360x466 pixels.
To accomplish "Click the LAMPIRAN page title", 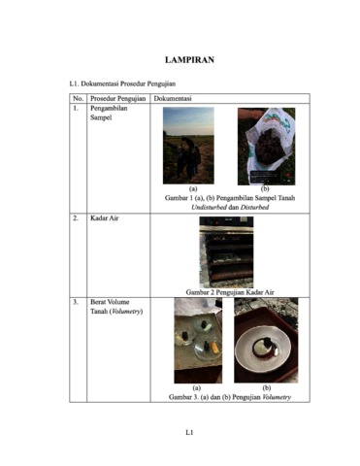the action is (x=189, y=60).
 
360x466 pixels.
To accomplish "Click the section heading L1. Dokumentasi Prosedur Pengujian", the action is (x=122, y=83).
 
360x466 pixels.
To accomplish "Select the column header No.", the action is (x=78, y=98).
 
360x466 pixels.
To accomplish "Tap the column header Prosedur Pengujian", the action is (x=118, y=98).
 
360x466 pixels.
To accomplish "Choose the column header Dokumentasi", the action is (x=173, y=98).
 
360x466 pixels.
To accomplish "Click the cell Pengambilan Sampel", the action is (x=109, y=113).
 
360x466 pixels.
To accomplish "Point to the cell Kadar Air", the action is (x=104, y=218).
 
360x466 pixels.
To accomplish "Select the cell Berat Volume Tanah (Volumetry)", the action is (x=116, y=307).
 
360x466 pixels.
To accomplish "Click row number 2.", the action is (x=75, y=218).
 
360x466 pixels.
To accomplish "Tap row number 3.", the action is (x=75, y=302).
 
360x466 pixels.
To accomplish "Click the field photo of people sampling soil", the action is (x=188, y=146).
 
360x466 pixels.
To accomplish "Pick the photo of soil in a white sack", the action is (x=266, y=147).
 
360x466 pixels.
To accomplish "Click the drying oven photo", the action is (x=226, y=252).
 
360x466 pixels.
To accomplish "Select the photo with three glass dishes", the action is (x=198, y=341).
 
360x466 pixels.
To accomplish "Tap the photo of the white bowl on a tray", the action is (x=266, y=340).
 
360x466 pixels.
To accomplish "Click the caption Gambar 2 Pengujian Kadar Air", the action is (x=230, y=292).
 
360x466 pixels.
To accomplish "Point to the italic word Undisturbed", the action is (x=209, y=207).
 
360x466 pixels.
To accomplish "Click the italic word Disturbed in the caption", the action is (x=254, y=207).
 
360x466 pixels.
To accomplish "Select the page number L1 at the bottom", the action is (x=189, y=432).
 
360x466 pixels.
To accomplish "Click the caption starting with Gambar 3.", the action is (x=230, y=397).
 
